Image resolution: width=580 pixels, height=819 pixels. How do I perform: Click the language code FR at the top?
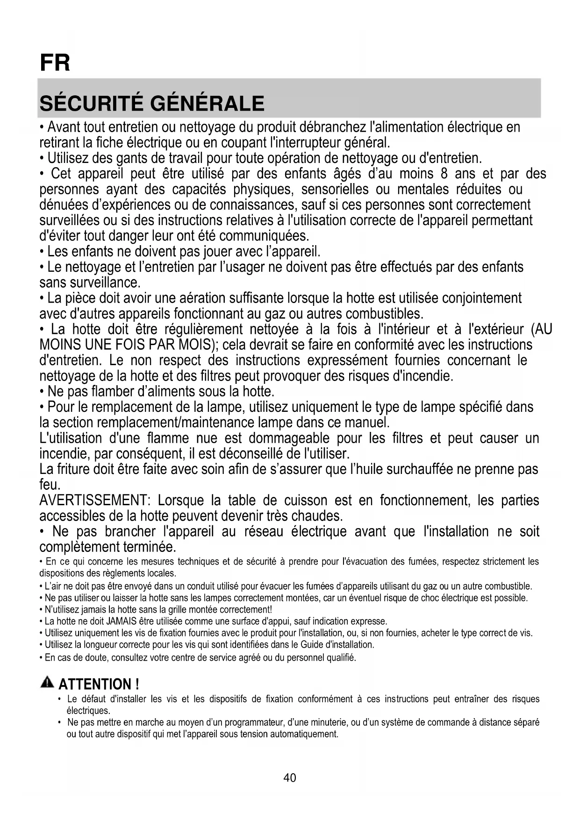tap(55, 63)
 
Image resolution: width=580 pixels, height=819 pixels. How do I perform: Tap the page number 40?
tap(290, 777)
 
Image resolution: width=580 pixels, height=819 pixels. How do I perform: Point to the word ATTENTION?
tap(95, 685)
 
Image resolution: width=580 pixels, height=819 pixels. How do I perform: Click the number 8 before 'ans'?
tap(444, 174)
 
